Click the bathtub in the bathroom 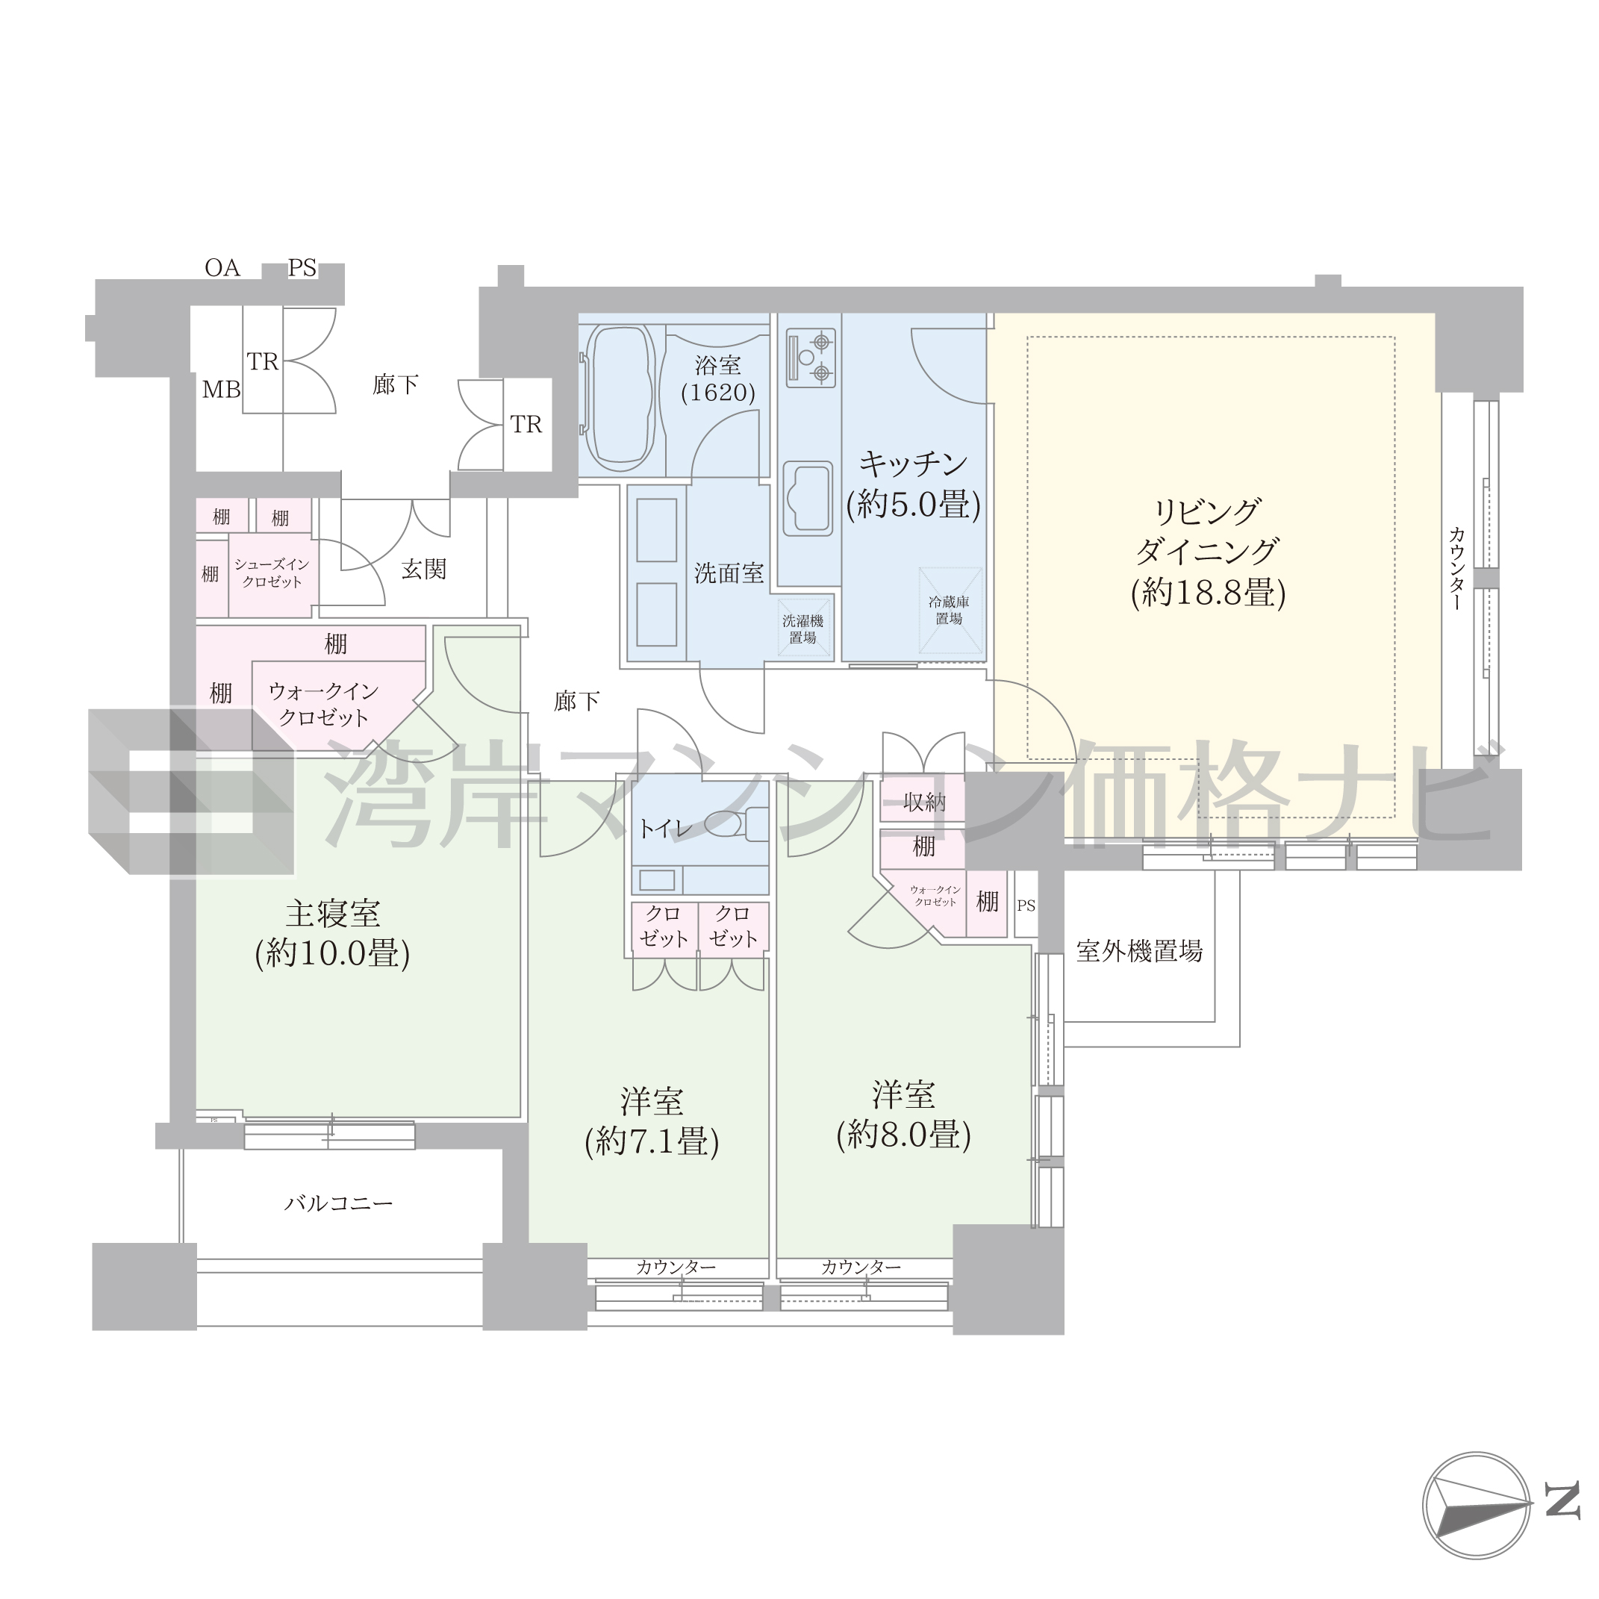[x=621, y=397]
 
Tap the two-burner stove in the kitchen [x=808, y=358]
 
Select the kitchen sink [x=808, y=498]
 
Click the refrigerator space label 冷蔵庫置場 [x=949, y=610]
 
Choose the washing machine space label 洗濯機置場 [x=802, y=629]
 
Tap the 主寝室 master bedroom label [x=333, y=913]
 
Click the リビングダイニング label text [x=1208, y=532]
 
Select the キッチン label [x=913, y=464]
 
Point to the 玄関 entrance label [x=424, y=569]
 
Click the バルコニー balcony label [x=338, y=1203]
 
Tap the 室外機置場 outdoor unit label [x=1139, y=951]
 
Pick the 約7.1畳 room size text [x=652, y=1142]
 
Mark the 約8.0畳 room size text [x=904, y=1135]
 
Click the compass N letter [x=1562, y=1523]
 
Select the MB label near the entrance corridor [x=221, y=389]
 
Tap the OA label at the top [x=222, y=267]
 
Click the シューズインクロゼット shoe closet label [x=272, y=573]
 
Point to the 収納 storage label [x=923, y=801]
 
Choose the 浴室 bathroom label [x=717, y=365]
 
